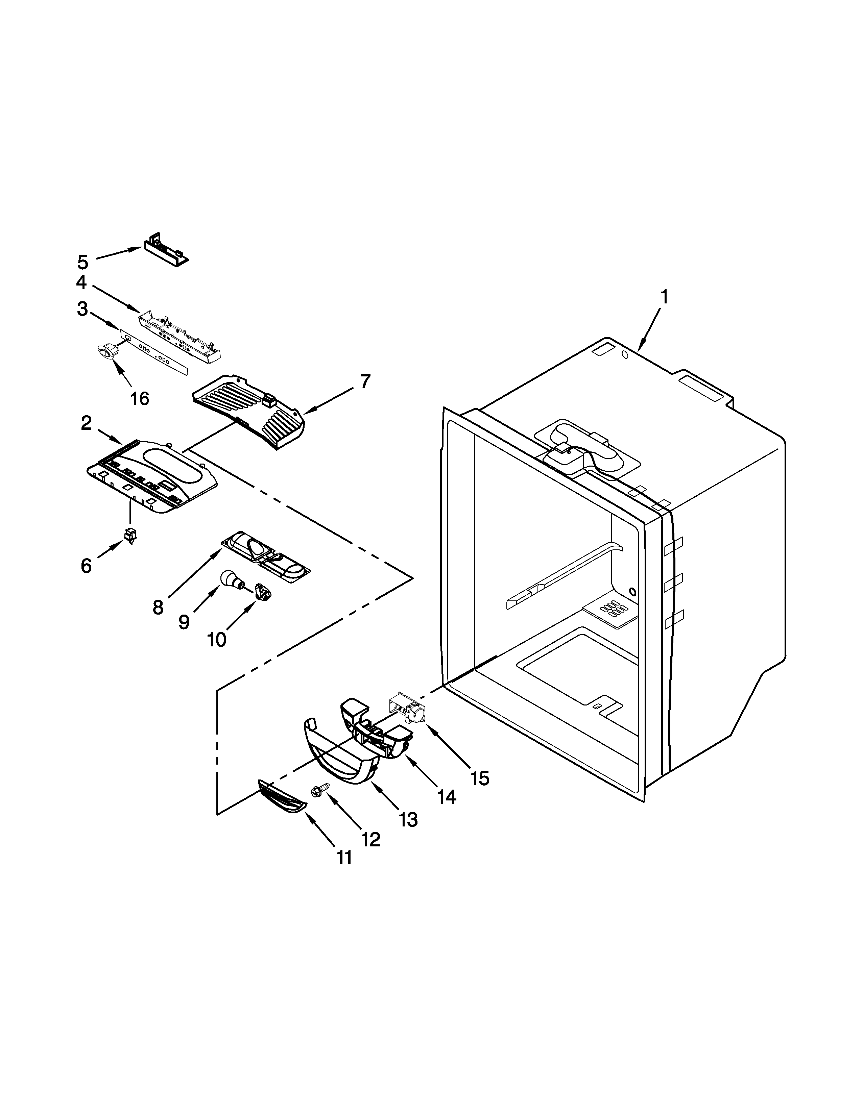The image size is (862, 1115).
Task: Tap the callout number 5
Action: tap(83, 263)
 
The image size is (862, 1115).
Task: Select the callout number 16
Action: tap(139, 398)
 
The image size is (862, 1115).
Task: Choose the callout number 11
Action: tap(345, 858)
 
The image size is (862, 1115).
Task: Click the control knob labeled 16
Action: tap(106, 351)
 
